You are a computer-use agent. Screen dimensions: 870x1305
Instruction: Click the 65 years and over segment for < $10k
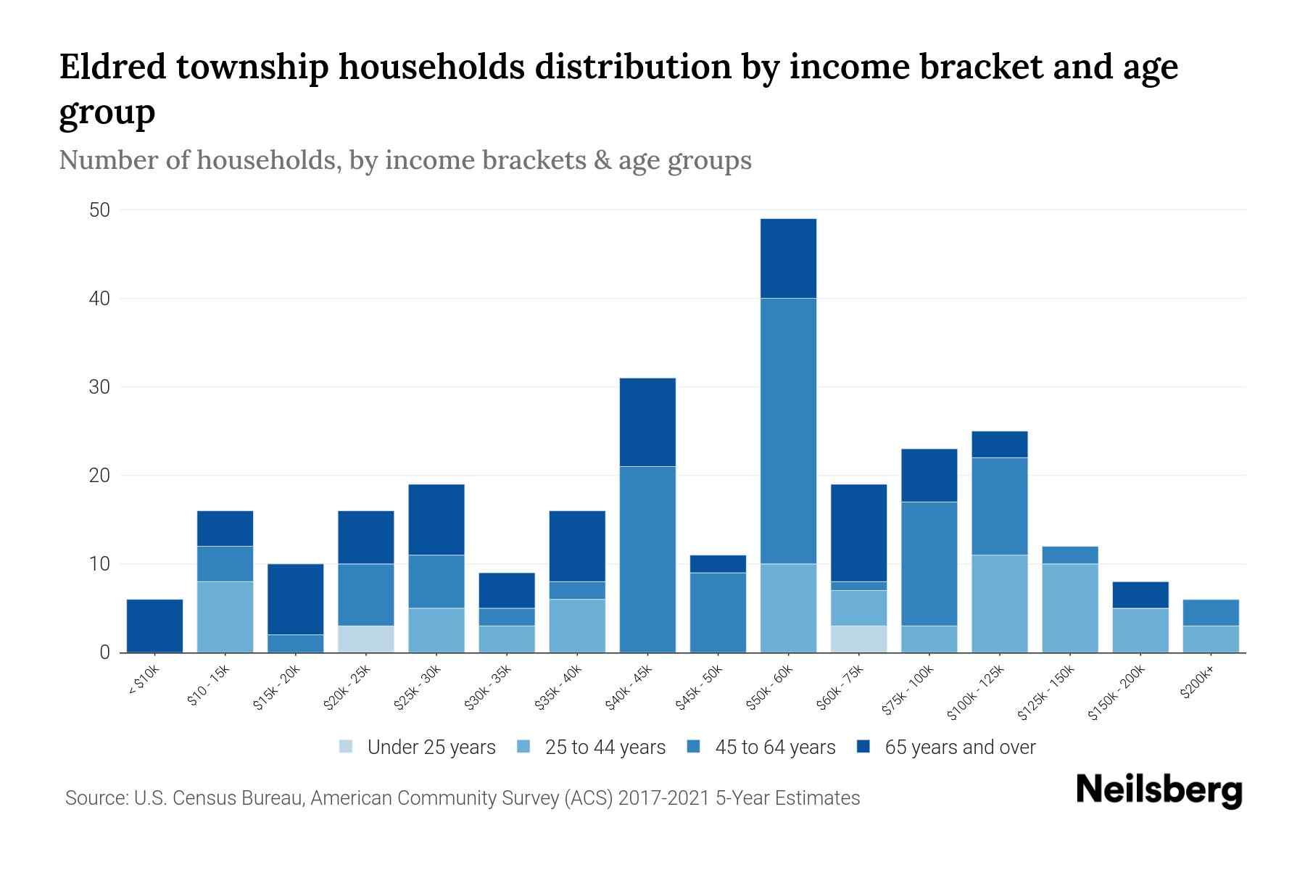click(154, 625)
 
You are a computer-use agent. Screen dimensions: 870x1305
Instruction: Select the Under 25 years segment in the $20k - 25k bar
click(366, 639)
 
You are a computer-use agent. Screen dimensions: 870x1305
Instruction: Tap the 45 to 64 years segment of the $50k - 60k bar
click(788, 431)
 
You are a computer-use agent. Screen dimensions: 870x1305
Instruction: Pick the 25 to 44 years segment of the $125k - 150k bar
click(1070, 608)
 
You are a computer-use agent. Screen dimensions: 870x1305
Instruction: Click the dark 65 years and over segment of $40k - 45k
click(647, 422)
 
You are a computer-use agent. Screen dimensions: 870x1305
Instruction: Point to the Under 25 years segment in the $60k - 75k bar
click(858, 639)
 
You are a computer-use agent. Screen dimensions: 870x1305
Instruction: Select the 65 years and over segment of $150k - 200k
click(1140, 594)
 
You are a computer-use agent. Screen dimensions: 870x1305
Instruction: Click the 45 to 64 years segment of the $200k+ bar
click(1211, 612)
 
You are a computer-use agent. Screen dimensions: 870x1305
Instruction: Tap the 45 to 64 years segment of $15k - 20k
click(296, 643)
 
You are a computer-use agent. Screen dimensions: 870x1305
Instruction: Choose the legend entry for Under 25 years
click(431, 747)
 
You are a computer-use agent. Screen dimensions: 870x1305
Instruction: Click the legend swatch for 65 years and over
click(863, 747)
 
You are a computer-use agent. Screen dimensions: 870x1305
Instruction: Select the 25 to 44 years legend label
click(605, 747)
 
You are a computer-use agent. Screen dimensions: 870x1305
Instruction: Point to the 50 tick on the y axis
click(99, 210)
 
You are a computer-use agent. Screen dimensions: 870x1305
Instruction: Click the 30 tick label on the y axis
click(99, 387)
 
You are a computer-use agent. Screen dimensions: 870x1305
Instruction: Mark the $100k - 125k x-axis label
click(977, 692)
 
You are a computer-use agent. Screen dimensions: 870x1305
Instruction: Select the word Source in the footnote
click(94, 798)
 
